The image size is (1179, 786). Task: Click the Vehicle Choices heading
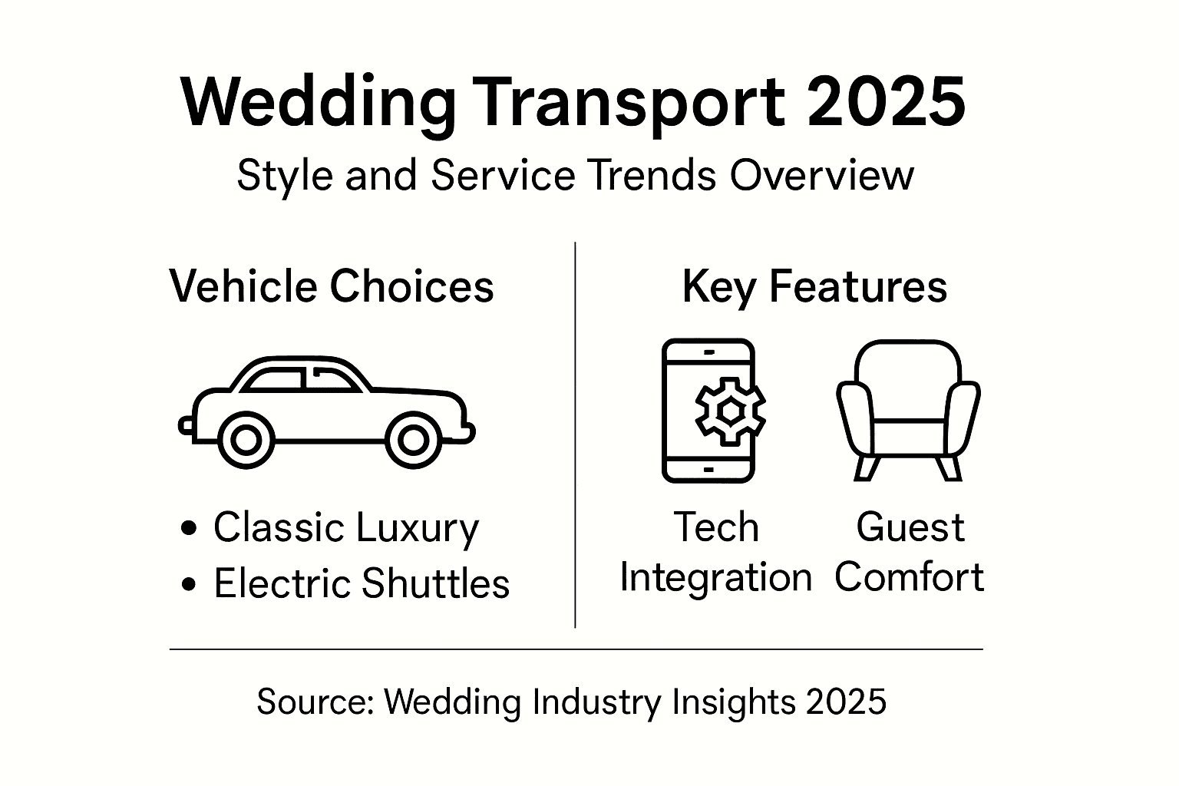tap(332, 287)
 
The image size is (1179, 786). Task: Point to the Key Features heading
tap(814, 287)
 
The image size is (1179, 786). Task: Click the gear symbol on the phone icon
tap(730, 412)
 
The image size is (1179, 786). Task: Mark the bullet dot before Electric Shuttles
tap(189, 585)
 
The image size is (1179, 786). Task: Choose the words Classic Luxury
tap(345, 528)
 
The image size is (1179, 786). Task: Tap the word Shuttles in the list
tap(435, 583)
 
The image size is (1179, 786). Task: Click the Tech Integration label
tap(715, 553)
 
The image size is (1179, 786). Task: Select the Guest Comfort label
tap(909, 553)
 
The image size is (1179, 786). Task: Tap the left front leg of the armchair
tap(866, 467)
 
